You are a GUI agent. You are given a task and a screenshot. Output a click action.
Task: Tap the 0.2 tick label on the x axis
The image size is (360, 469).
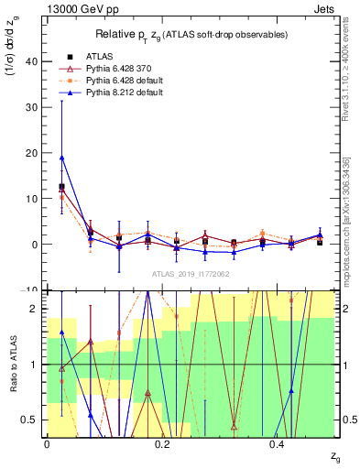(x=162, y=444)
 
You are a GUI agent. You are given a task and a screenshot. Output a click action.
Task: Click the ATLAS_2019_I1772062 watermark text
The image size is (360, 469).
(x=190, y=274)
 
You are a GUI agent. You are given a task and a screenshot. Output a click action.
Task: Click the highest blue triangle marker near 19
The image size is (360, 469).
(x=61, y=158)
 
